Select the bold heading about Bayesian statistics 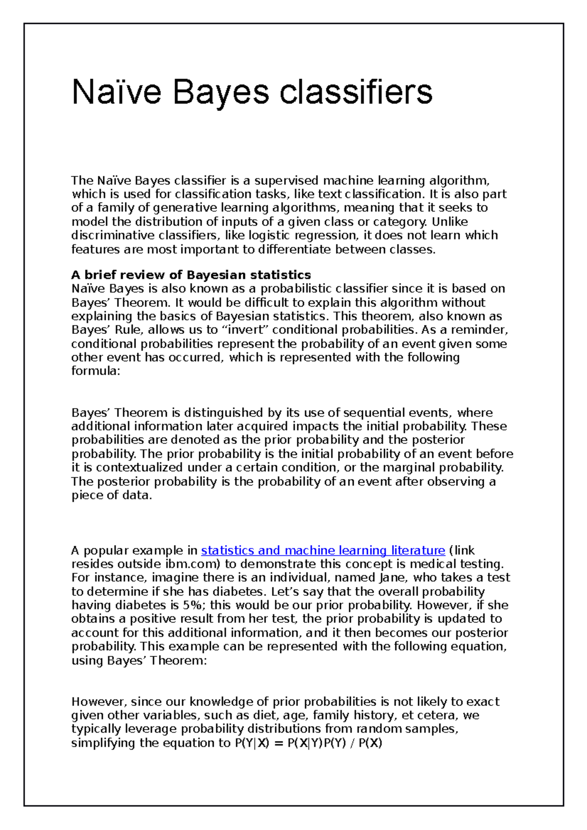[191, 275]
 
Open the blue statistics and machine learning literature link [323, 550]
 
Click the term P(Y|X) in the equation [252, 743]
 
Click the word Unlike [450, 221]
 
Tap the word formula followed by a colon [95, 371]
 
